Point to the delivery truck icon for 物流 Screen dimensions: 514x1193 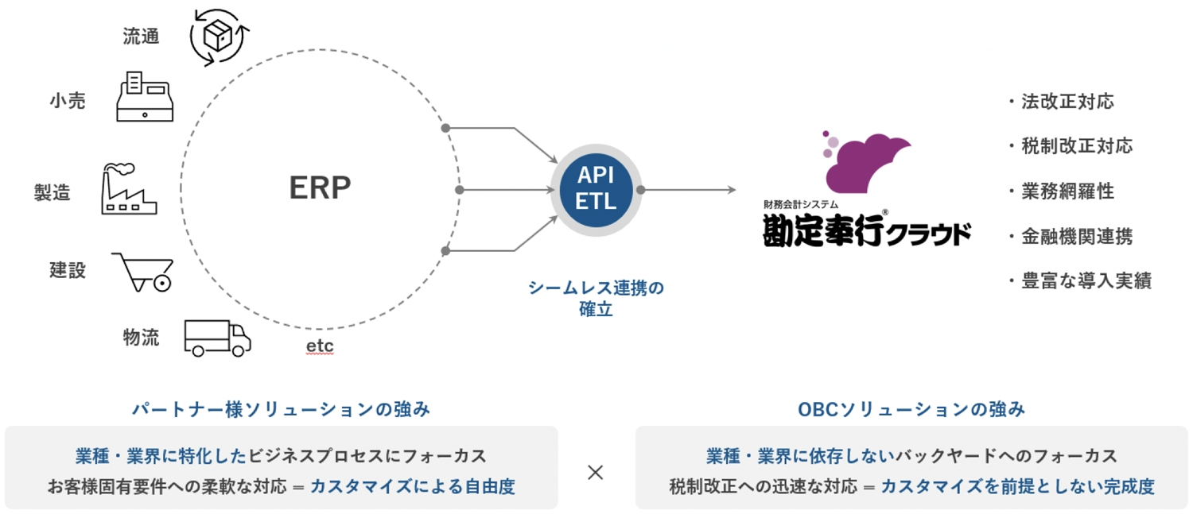217,338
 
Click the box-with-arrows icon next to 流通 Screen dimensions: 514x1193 220,35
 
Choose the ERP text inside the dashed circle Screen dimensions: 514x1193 320,187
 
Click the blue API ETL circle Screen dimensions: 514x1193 596,190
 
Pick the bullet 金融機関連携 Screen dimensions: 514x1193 1077,236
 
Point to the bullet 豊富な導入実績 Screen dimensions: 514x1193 1086,281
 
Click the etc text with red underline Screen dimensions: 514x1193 320,347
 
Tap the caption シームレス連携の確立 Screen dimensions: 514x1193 596,299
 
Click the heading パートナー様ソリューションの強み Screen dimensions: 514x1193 281,409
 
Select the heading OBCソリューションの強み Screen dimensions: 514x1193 911,409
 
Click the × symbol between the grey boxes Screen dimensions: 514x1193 596,473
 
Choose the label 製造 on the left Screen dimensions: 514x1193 52,192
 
